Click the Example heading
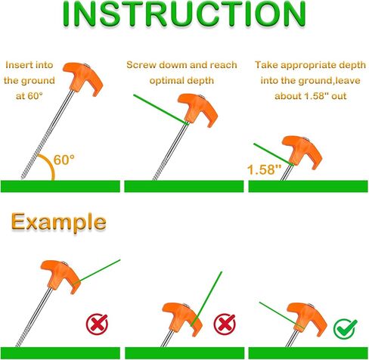58,222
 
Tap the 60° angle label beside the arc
64,160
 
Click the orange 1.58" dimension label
264,169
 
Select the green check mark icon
345,328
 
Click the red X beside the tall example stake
97,324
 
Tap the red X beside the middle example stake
225,324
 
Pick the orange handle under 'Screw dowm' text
197,110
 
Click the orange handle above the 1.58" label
302,151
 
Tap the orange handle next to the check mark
307,318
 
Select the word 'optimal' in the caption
165,81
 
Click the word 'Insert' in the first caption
17,65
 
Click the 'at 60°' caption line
29,96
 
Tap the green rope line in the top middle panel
161,109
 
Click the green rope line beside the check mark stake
281,315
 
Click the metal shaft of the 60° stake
48,134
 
